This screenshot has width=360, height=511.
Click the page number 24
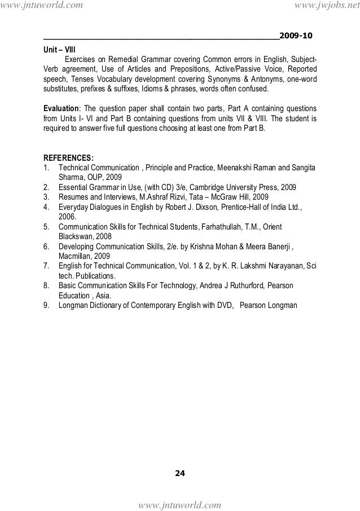(179, 472)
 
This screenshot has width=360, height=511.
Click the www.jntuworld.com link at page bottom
(181, 504)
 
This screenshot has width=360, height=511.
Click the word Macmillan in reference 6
(76, 256)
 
